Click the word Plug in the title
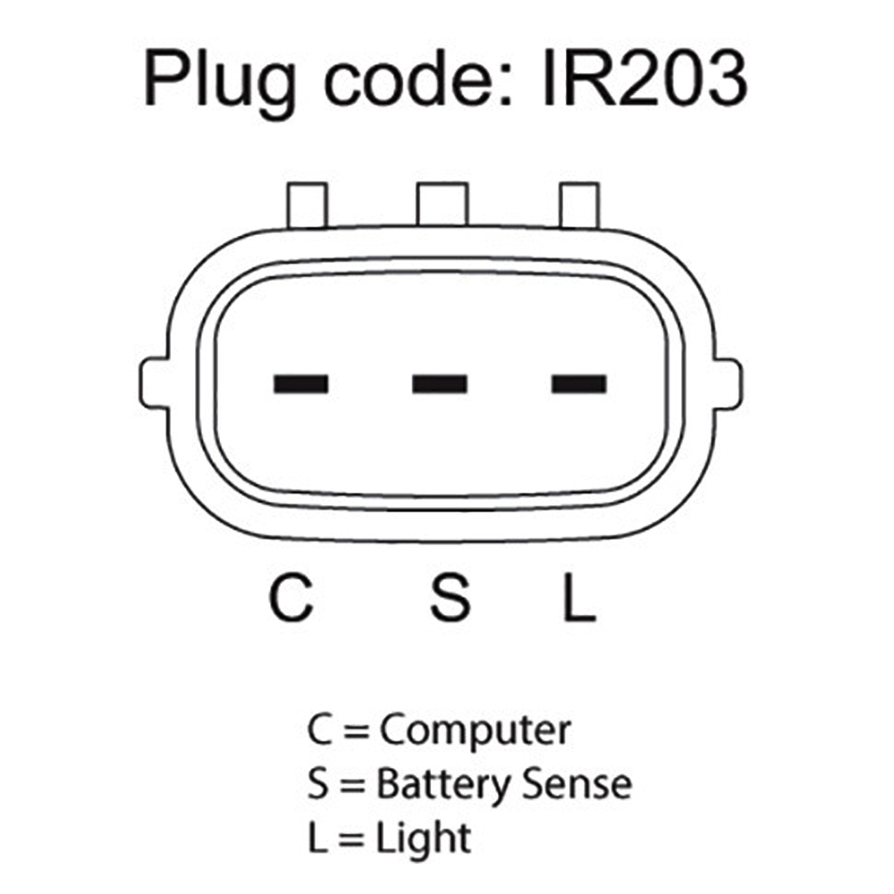click(x=220, y=82)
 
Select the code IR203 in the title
click(x=645, y=79)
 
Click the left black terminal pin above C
click(x=301, y=384)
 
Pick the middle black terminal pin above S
click(x=440, y=384)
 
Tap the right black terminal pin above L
click(x=578, y=384)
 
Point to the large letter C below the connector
click(x=291, y=597)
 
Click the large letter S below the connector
click(x=450, y=597)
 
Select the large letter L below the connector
click(x=579, y=597)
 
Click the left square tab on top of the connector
click(x=308, y=206)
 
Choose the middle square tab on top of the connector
click(x=443, y=204)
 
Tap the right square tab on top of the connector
click(x=579, y=206)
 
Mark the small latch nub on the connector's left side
click(x=154, y=384)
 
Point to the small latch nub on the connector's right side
click(x=728, y=384)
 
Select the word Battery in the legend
click(x=443, y=786)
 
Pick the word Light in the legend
click(x=423, y=839)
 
